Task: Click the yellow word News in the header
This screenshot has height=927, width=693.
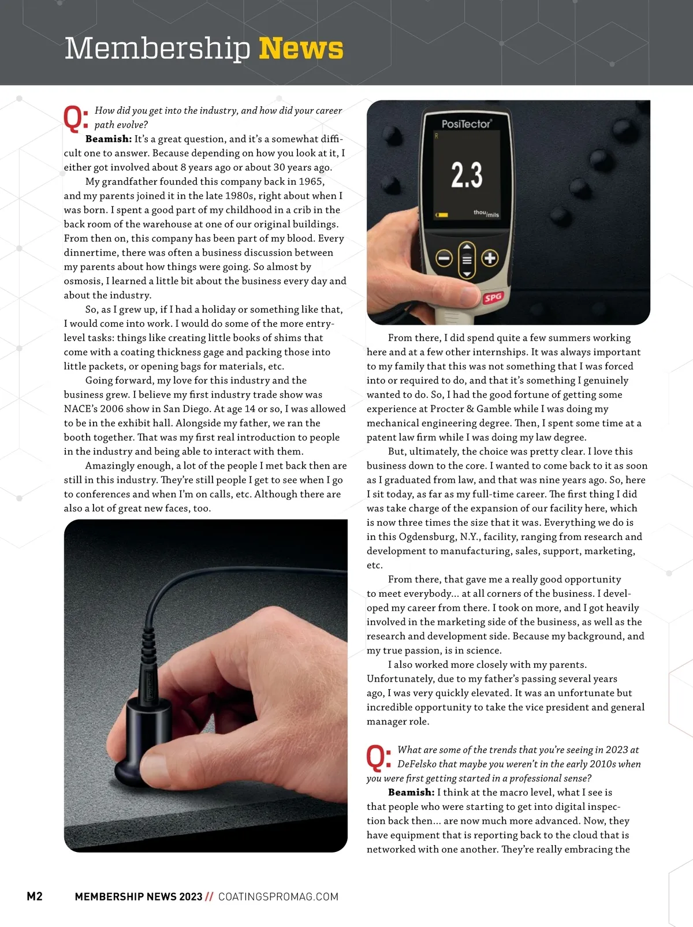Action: tap(301, 48)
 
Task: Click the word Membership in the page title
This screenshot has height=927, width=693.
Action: tap(157, 48)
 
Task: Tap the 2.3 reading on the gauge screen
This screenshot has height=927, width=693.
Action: tap(467, 175)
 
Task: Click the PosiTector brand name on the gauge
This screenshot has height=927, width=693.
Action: tap(466, 124)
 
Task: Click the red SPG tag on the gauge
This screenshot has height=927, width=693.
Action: tap(493, 298)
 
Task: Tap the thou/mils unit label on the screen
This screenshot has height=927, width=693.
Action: tap(486, 214)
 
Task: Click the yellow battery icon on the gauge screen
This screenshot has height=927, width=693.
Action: tap(442, 215)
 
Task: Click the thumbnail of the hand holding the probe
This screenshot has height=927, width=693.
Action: tap(206, 686)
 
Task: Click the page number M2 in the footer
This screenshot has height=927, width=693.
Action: tap(35, 896)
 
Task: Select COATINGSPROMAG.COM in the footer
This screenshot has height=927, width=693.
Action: tap(278, 897)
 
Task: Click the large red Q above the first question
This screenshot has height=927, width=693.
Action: tap(73, 118)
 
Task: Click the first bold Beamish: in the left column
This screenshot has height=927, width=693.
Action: tap(109, 139)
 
